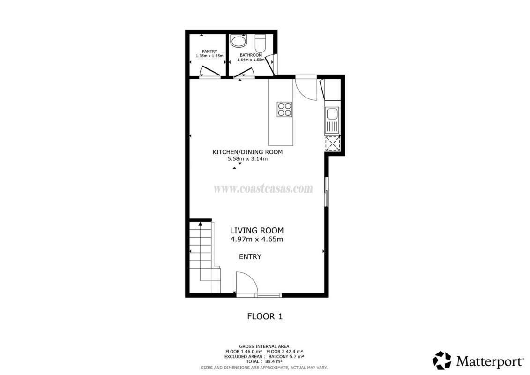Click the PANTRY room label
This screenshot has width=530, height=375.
[x=209, y=52]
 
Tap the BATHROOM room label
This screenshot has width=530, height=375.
[x=251, y=55]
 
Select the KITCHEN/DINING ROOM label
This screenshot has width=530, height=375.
[x=247, y=152]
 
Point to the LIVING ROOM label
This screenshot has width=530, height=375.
[x=257, y=231]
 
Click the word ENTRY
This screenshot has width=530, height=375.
[x=250, y=257]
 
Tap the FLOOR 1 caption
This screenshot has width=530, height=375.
[x=265, y=316]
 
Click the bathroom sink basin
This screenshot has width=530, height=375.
[x=239, y=41]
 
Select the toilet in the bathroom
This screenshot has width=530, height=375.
[x=261, y=43]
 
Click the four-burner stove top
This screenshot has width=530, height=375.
[x=284, y=109]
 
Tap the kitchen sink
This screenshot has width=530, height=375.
[x=332, y=120]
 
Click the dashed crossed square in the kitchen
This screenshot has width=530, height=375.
[x=332, y=143]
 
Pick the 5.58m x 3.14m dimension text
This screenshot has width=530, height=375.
[x=248, y=158]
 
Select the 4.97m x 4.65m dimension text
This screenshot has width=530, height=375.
[x=257, y=240]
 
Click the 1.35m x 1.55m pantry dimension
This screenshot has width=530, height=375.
[x=209, y=56]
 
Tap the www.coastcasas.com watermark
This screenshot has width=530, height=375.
[x=263, y=188]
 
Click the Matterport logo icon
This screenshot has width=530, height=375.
[x=442, y=360]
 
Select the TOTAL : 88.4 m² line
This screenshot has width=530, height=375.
[x=264, y=361]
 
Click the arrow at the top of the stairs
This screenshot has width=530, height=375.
[x=201, y=224]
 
